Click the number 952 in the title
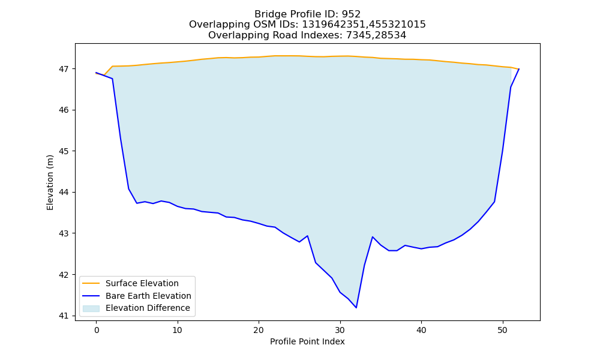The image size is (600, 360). coord(351,14)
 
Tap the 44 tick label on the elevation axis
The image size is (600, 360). coord(63,193)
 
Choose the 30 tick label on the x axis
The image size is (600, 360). coord(340,330)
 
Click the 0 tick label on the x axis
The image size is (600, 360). coord(96,330)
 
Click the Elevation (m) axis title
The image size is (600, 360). coord(50,182)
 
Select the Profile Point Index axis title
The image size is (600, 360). coord(307,341)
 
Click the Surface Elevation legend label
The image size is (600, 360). coord(142,283)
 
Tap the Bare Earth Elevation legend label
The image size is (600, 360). coord(148,296)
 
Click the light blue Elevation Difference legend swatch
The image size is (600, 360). coord(91,308)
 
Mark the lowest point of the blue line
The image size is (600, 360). coord(356,308)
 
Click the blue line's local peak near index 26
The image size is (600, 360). coord(307,236)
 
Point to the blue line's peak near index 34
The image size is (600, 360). coord(373,237)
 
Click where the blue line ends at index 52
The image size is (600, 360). coord(519,69)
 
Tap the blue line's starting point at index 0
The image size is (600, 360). coord(96,73)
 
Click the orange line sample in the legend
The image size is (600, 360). coord(91,283)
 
